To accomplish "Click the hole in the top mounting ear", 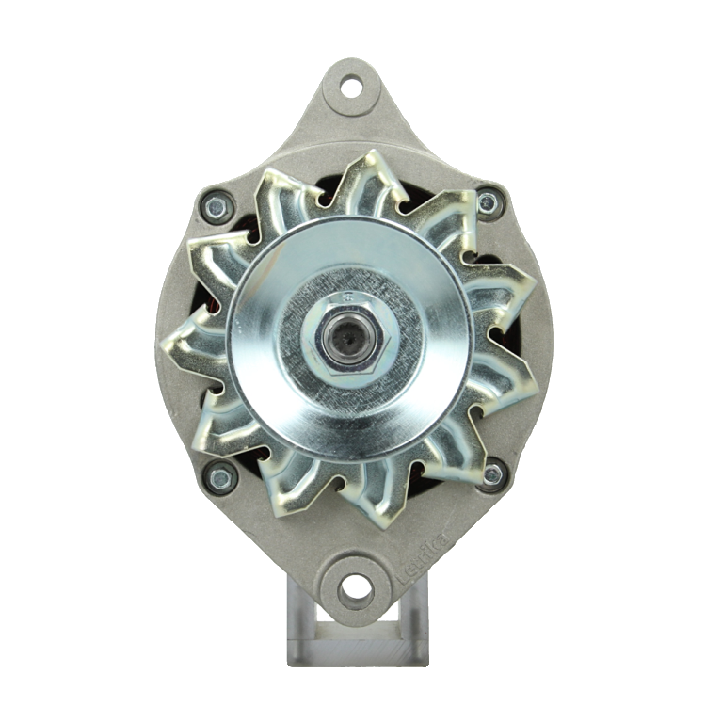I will coord(351,88).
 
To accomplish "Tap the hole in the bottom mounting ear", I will coord(354,589).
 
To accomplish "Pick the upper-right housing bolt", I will coord(488,202).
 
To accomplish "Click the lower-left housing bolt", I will coord(220,478).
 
